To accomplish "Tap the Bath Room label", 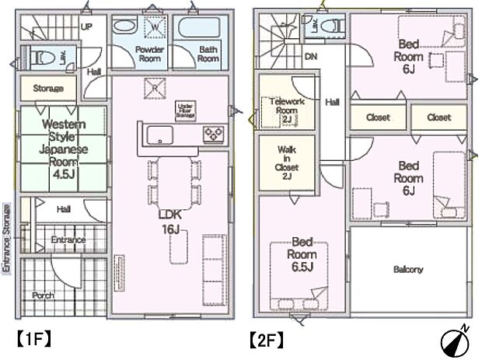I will (208, 54).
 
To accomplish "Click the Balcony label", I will (407, 270).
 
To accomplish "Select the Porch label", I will (44, 296).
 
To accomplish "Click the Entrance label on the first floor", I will (68, 240).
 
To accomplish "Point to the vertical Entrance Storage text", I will (6, 237).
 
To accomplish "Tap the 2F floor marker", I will (265, 340).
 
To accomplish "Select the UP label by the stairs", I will (87, 26).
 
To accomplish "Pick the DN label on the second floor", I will (311, 56).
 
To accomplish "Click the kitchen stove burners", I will (213, 133).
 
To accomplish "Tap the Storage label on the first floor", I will (48, 89).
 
